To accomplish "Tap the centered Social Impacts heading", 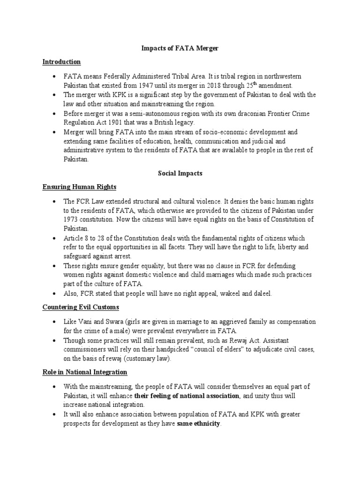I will pyautogui.click(x=180, y=173).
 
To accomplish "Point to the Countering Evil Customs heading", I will pyautogui.click(x=80, y=307).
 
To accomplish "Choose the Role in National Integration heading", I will pyautogui.click(x=85, y=372).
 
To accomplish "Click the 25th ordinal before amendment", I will pyautogui.click(x=252, y=85).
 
